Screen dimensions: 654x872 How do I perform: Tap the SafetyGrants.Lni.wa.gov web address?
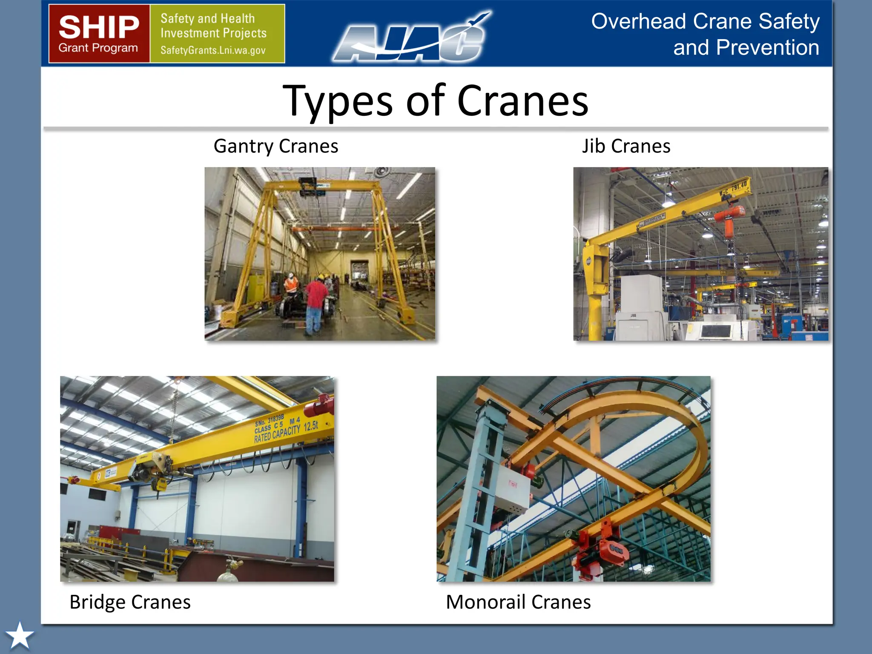tap(213, 50)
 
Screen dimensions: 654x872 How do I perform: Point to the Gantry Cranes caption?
tap(275, 146)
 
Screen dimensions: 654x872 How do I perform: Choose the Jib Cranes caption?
tap(626, 146)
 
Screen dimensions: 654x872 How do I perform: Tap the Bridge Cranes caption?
tap(130, 602)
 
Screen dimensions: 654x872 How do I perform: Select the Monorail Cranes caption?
tap(518, 602)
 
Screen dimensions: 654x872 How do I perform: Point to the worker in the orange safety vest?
tap(291, 283)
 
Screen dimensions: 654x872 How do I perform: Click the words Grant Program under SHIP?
tap(98, 48)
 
